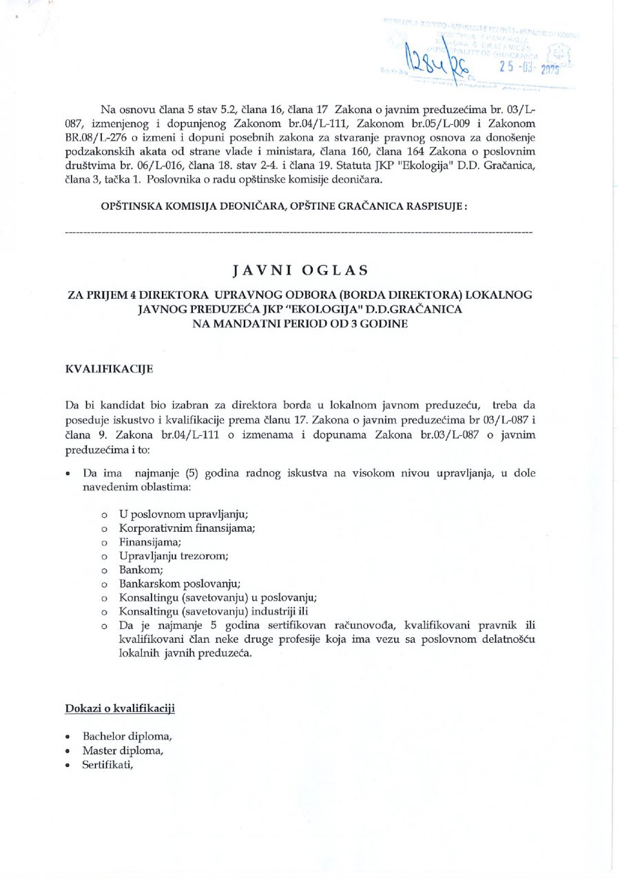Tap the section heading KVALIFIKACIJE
pyautogui.click(x=109, y=370)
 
